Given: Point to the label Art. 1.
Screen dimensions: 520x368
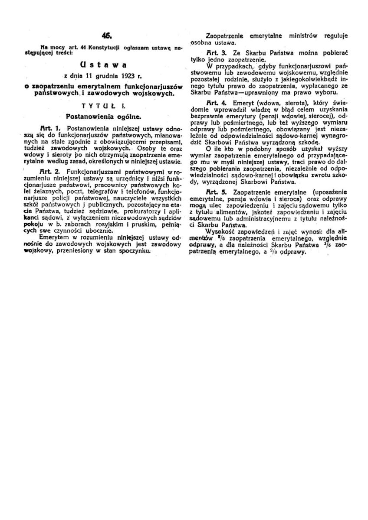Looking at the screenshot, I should pyautogui.click(x=49, y=129).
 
